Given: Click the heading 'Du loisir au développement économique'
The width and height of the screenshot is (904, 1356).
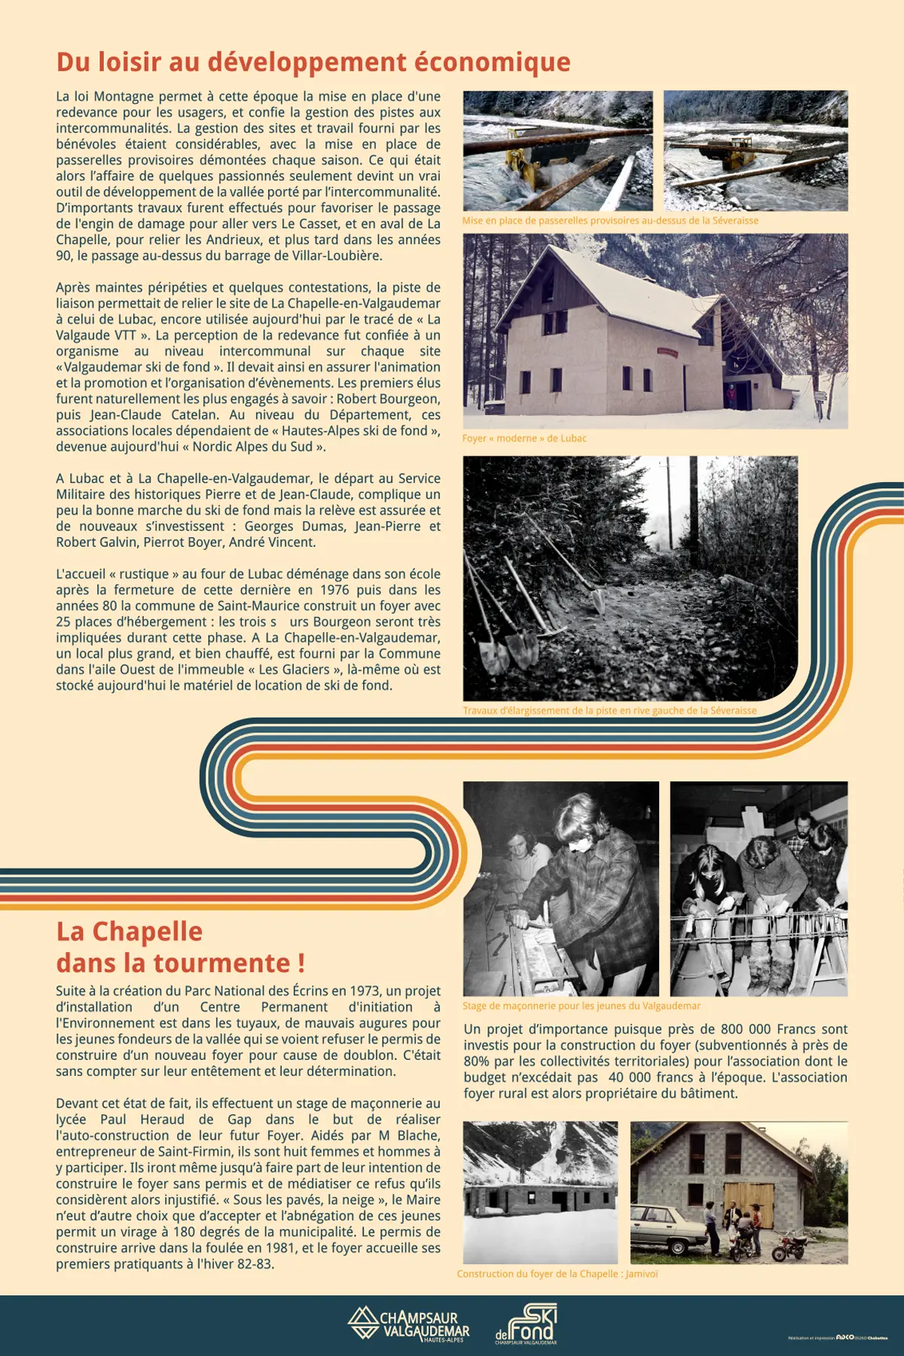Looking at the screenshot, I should (313, 62).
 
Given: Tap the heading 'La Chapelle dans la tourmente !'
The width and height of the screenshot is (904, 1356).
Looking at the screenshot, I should (181, 948).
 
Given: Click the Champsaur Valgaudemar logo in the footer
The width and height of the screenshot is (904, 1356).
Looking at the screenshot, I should (409, 1324).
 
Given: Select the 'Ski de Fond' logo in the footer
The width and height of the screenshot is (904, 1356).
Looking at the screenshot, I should (527, 1324).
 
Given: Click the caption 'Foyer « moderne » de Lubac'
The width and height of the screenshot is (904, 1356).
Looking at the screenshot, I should (524, 438).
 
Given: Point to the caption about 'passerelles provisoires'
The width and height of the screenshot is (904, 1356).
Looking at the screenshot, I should (610, 221).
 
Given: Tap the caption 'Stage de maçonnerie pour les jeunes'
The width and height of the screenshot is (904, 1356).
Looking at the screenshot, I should (582, 1006).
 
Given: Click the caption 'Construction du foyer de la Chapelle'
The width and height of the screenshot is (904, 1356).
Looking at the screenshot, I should (557, 1274).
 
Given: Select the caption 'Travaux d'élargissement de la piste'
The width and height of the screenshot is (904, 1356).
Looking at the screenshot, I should (609, 710).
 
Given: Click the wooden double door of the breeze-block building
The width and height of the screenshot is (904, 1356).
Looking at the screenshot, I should (748, 1204).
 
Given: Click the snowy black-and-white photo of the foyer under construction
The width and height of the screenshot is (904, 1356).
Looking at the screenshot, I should (540, 1193).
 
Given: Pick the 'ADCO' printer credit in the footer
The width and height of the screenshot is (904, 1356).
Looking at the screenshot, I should (844, 1337).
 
